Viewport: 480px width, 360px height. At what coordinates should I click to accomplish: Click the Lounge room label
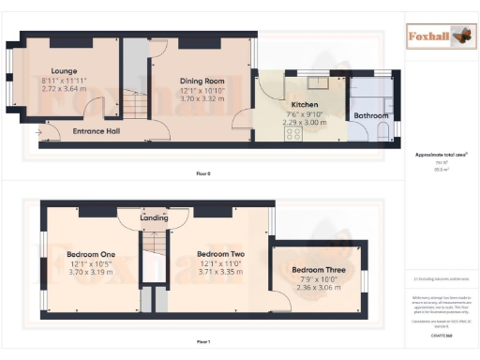click(x=65, y=71)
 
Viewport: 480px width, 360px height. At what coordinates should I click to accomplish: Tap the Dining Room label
click(x=202, y=81)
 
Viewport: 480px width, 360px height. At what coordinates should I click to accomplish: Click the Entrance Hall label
click(x=96, y=131)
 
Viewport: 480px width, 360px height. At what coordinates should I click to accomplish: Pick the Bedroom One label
click(x=91, y=254)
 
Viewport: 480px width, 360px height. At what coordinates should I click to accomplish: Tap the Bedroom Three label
click(x=320, y=270)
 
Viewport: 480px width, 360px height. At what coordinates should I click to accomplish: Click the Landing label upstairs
click(x=154, y=218)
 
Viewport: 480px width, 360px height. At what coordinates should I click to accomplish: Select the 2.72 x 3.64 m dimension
click(x=65, y=90)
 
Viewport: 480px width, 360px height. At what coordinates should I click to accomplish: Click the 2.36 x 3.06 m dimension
click(x=320, y=288)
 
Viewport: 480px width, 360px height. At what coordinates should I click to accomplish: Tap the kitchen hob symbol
click(x=292, y=133)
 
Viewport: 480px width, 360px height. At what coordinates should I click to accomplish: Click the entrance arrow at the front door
click(x=38, y=132)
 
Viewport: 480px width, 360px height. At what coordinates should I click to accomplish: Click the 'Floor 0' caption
click(x=203, y=173)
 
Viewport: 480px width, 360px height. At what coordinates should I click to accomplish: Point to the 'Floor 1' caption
click(x=203, y=342)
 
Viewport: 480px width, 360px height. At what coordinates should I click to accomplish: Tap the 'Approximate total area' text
click(x=441, y=154)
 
